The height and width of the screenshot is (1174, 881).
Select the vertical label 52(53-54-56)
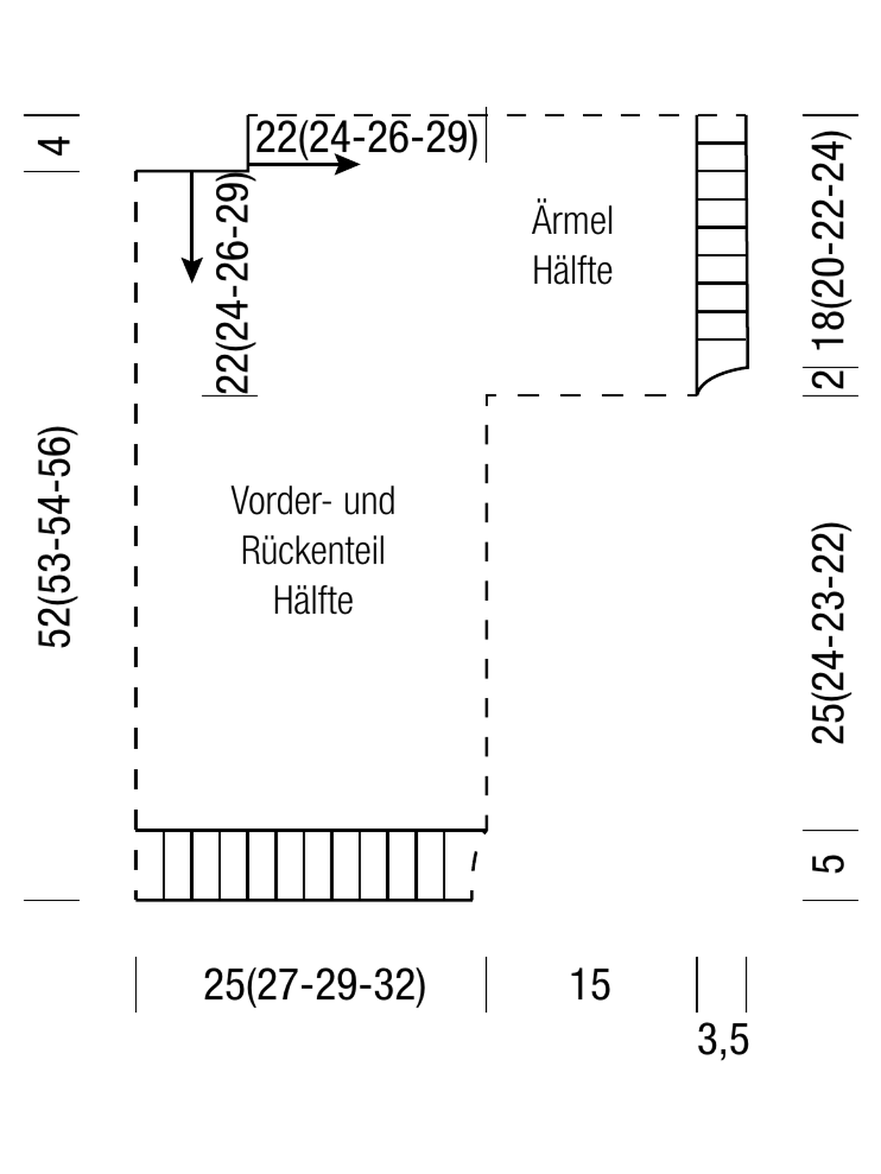point(54,537)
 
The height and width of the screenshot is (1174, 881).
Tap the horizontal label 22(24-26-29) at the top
point(367,137)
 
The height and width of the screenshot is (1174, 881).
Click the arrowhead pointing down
point(192,270)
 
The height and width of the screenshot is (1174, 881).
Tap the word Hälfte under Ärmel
point(572,270)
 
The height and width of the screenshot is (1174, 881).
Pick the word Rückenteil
point(313,550)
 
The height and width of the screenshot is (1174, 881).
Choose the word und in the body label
point(369,501)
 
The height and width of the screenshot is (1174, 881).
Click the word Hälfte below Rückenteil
point(313,600)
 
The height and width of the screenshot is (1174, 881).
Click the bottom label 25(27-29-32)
point(314,985)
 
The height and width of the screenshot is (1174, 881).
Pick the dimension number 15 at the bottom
point(590,985)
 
